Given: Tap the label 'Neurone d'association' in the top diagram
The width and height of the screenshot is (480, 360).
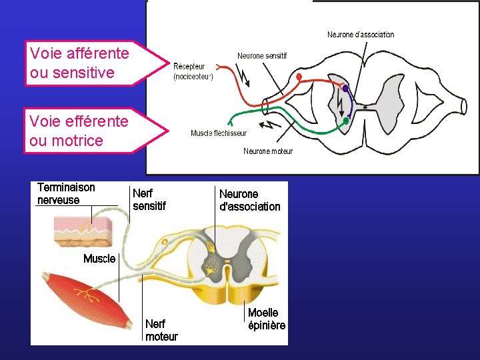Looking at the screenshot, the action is [x=361, y=35].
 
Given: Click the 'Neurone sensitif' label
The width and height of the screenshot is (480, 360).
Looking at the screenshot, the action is [x=262, y=56].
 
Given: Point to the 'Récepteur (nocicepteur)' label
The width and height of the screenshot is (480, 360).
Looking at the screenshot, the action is [x=193, y=71].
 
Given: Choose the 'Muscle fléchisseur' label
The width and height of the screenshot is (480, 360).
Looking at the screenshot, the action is [x=218, y=133].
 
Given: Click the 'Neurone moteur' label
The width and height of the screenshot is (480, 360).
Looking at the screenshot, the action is [x=268, y=151].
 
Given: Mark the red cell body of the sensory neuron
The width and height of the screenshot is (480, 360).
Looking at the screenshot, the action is [x=299, y=77].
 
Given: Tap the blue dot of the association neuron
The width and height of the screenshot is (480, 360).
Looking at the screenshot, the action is [x=345, y=88].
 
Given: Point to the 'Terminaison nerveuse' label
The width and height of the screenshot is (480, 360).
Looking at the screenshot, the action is [x=66, y=194].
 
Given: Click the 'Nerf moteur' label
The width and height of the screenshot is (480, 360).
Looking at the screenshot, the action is [x=161, y=330].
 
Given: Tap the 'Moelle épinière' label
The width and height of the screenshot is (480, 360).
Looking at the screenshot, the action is [x=267, y=319].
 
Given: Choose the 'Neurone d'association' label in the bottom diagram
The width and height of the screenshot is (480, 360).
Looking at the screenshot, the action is [x=250, y=200].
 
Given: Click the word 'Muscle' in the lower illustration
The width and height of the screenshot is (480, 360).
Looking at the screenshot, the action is [x=99, y=259].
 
